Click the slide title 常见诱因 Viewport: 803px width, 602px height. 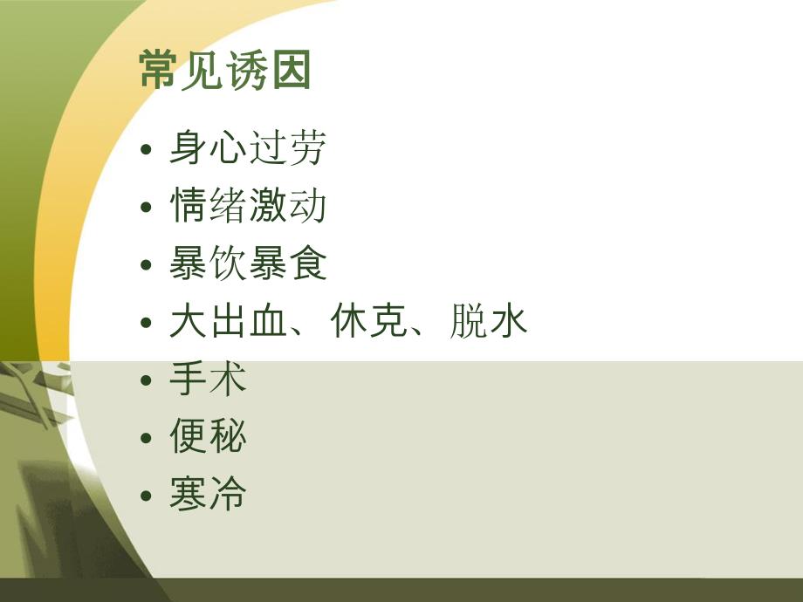pos(225,71)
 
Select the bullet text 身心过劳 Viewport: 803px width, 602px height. pos(247,148)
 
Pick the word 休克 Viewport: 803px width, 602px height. pos(369,322)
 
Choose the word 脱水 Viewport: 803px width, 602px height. pos(490,322)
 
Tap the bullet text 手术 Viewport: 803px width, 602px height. pos(208,380)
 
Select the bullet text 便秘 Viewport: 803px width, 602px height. pos(208,437)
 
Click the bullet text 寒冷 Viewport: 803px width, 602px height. pos(208,495)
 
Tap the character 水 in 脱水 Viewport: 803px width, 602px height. pos(510,322)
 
